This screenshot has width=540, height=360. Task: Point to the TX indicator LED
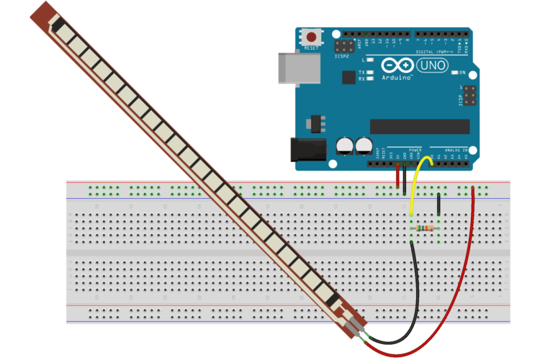[x=370, y=73]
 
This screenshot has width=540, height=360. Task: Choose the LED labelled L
[x=370, y=61]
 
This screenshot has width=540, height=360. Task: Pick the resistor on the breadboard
[x=426, y=228]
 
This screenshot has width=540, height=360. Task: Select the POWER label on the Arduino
[x=415, y=148]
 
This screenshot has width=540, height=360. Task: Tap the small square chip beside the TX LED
[x=349, y=76]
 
